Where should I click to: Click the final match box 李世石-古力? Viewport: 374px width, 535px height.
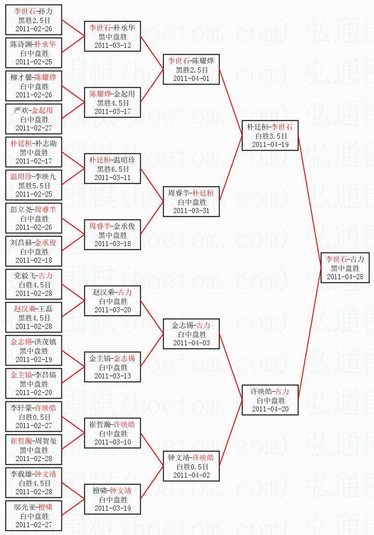345,268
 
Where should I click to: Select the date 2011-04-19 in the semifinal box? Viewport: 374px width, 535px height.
270,144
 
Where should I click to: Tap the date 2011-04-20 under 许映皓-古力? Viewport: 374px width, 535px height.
270,409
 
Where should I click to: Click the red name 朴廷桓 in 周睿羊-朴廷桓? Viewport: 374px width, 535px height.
203,193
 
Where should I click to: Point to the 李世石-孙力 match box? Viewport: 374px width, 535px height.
34,20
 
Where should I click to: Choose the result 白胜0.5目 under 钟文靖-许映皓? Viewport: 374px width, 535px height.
192,467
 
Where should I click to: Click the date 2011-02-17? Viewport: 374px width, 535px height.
34,161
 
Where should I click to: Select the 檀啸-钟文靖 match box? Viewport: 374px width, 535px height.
112,499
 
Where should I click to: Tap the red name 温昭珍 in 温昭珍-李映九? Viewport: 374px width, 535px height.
21,177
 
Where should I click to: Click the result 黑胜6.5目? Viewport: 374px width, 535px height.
113,169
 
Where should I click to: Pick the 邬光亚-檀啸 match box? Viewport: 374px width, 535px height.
34,516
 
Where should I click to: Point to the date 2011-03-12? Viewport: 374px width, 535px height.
112,45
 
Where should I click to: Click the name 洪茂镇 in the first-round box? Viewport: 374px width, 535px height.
46,342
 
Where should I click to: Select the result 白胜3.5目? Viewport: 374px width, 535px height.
270,136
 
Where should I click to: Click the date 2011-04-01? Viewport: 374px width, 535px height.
191,78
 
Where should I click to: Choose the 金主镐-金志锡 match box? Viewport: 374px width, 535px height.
112,367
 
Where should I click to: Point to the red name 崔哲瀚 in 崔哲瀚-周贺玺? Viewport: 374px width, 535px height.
21,441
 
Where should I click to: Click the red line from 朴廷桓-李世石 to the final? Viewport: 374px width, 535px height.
309,202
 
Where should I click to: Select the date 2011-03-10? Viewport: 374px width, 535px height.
112,442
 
